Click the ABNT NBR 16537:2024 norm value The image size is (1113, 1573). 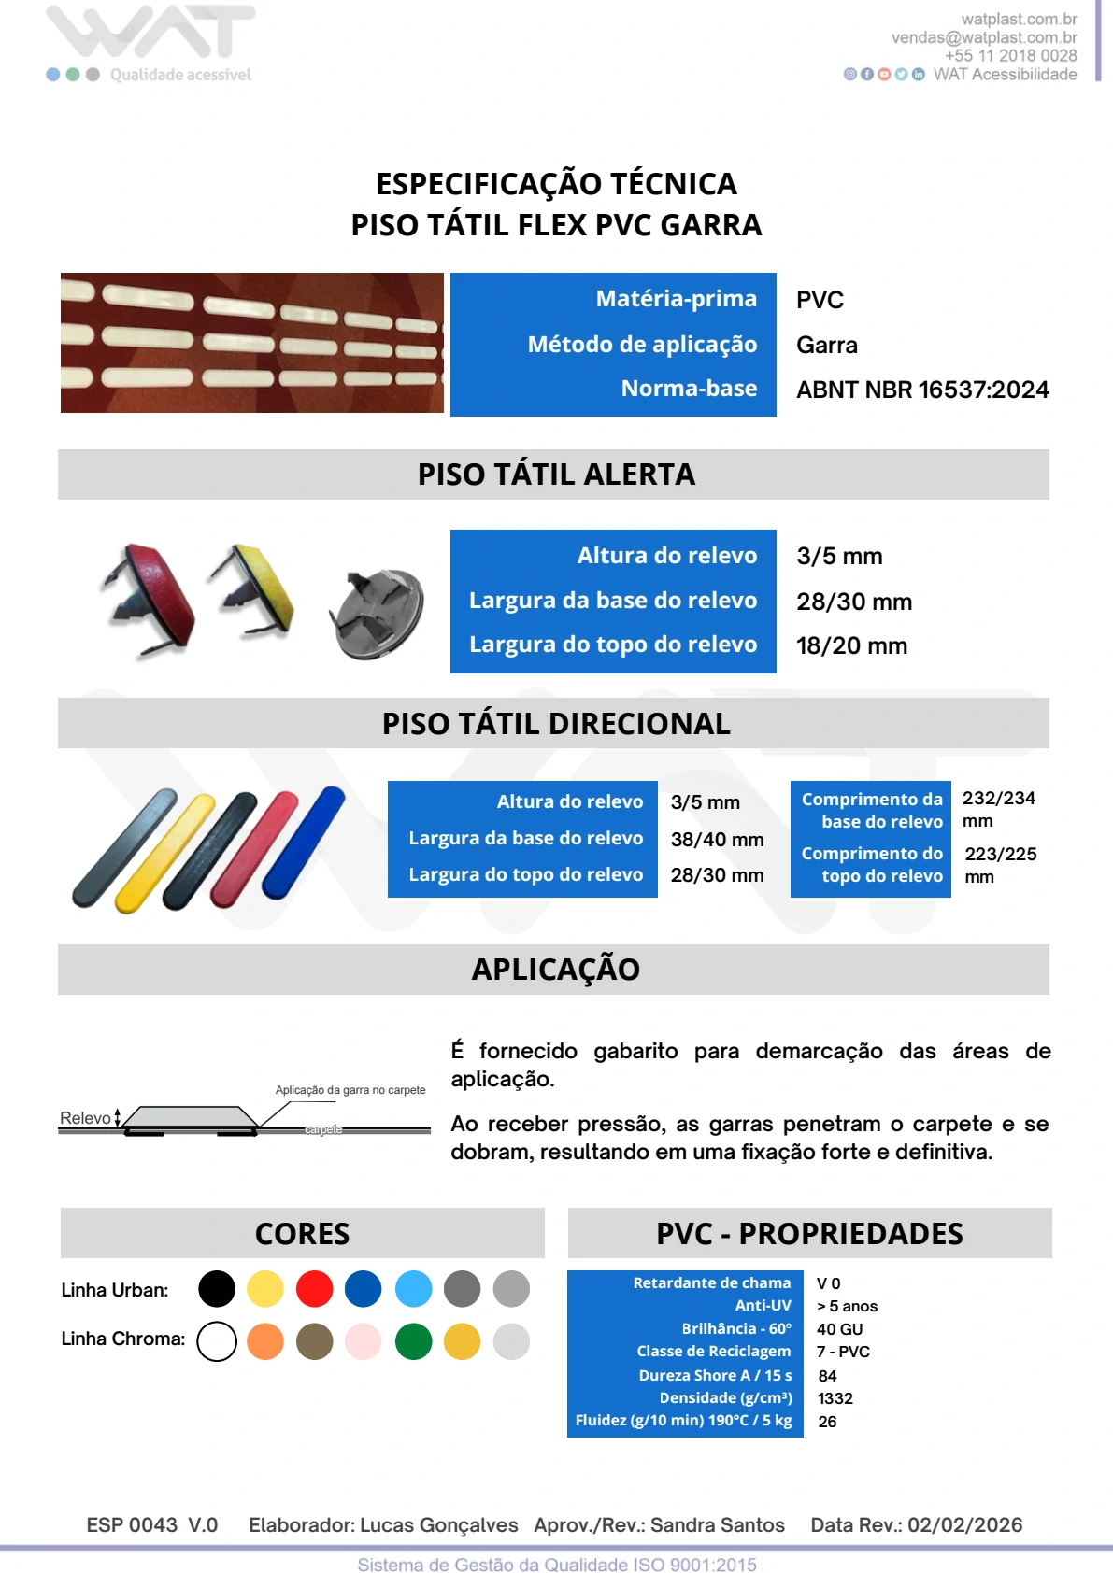point(921,390)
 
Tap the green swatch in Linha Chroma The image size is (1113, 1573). point(413,1341)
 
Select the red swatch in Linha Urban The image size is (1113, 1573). point(314,1289)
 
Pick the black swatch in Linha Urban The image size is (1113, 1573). point(217,1289)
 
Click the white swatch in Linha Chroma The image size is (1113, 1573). point(217,1341)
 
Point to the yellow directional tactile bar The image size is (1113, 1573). point(165,852)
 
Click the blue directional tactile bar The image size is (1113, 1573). point(304,843)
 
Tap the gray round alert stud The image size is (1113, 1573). point(378,613)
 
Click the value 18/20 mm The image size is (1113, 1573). point(851,645)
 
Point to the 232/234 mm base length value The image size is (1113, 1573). point(998,808)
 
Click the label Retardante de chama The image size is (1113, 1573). point(711,1282)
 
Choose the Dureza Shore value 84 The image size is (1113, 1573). point(827,1376)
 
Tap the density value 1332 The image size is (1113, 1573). point(835,1398)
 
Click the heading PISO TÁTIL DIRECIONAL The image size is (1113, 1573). point(556,724)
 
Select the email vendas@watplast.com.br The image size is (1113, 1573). point(983,37)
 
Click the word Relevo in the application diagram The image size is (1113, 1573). point(85,1118)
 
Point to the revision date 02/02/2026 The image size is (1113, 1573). point(964,1525)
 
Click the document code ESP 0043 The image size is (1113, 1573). point(132,1525)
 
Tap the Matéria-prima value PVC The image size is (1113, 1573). point(820,300)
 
